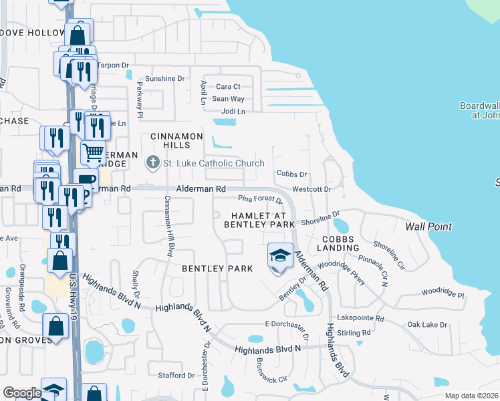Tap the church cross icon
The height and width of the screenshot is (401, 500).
(x=152, y=162)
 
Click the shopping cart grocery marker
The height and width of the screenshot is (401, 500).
(x=93, y=152)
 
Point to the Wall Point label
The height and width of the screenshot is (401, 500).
(x=428, y=227)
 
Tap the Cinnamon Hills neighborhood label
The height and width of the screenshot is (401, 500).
(x=176, y=141)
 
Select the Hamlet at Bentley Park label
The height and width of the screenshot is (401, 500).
(x=263, y=221)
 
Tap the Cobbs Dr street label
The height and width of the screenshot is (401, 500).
(x=291, y=174)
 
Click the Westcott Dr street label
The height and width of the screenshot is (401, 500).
(x=312, y=189)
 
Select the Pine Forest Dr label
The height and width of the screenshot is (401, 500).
(x=261, y=199)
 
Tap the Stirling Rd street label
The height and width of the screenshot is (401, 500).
(x=354, y=332)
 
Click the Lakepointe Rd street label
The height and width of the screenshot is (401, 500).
(x=361, y=319)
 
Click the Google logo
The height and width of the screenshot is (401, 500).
(x=22, y=392)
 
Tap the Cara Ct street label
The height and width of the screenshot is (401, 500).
(x=228, y=87)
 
